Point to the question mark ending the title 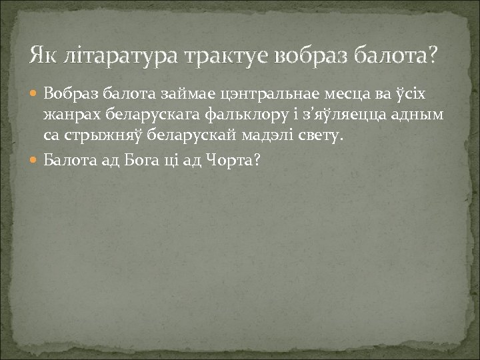click(435, 53)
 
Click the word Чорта click(232, 160)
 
